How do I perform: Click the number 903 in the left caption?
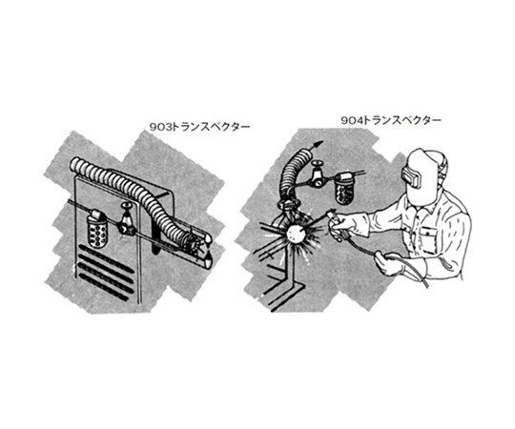[x=160, y=127]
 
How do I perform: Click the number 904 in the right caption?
[x=352, y=120]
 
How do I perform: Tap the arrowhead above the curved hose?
[x=318, y=144]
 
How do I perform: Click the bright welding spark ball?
[x=297, y=234]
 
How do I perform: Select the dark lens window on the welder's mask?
[x=413, y=176]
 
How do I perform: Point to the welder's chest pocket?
[x=428, y=239]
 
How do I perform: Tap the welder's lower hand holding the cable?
[x=390, y=262]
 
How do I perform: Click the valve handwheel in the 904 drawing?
[x=318, y=163]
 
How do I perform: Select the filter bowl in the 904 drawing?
[x=343, y=189]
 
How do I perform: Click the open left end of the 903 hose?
[x=74, y=165]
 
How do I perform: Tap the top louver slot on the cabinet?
[x=105, y=256]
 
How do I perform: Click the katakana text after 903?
[x=211, y=127]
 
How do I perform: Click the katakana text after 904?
[x=402, y=120]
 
